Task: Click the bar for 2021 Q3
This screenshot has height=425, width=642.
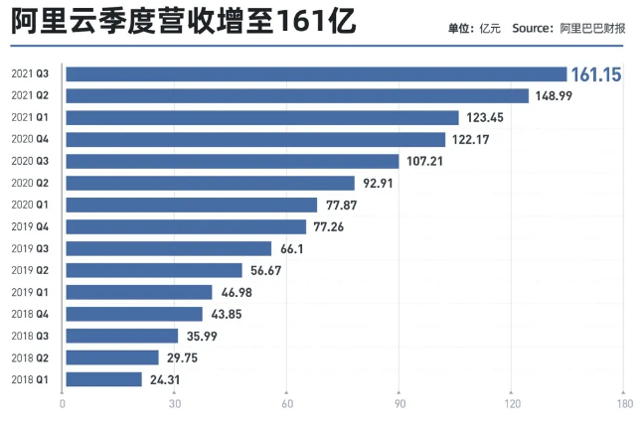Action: click(315, 73)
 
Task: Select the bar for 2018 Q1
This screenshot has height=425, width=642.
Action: click(103, 378)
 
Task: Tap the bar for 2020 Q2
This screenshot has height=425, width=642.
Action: click(209, 183)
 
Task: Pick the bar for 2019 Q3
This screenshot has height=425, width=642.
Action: click(167, 248)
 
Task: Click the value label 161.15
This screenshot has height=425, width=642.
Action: click(595, 73)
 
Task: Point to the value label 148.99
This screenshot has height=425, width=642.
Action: click(555, 95)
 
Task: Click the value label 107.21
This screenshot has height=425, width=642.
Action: click(424, 161)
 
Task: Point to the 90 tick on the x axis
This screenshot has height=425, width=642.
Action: click(399, 404)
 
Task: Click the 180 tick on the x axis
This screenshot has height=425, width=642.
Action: click(623, 404)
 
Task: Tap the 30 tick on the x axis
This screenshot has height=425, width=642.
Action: click(175, 404)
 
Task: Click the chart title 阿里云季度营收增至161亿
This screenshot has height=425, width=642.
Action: click(185, 21)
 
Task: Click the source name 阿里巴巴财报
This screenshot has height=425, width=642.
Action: click(594, 28)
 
